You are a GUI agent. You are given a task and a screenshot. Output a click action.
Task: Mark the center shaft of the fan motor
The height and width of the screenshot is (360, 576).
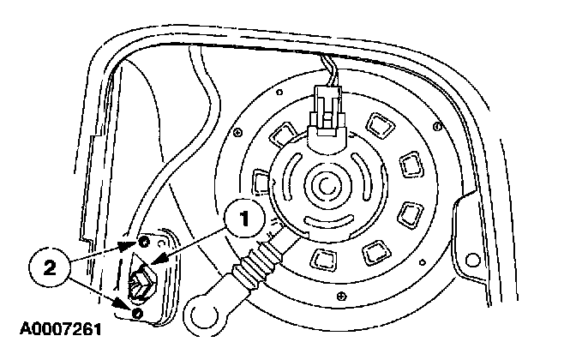point(327,183)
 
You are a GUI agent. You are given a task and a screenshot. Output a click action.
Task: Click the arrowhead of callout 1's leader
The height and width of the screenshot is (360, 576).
point(153,270)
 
